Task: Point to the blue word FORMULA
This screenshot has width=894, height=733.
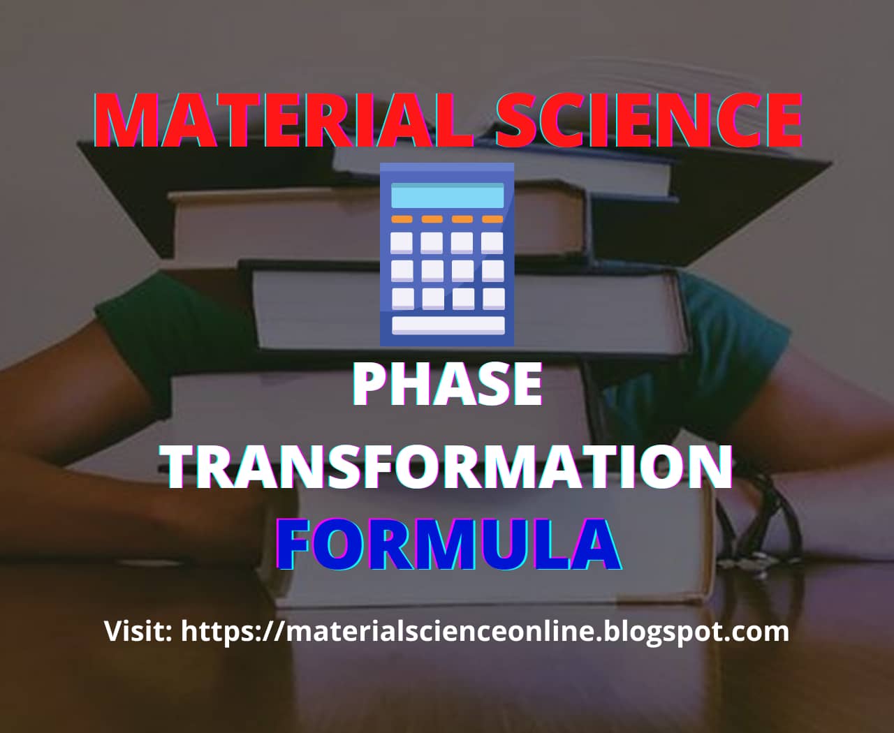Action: click(448, 544)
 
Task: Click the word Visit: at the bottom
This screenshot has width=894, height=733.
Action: click(139, 631)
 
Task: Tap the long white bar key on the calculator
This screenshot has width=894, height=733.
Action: click(448, 325)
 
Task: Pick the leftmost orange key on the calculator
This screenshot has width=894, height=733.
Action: click(401, 219)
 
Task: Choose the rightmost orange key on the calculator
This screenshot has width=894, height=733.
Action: click(493, 219)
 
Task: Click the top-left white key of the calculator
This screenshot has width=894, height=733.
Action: click(402, 242)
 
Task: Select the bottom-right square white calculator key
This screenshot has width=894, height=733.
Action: click(493, 298)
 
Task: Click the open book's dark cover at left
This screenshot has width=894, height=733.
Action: click(133, 168)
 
